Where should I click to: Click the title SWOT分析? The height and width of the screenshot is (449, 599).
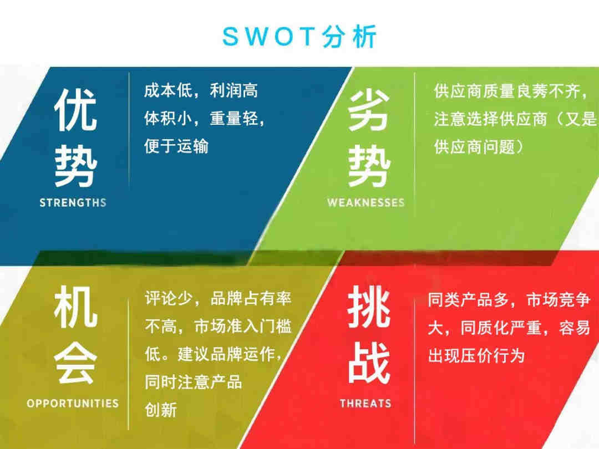[299, 37]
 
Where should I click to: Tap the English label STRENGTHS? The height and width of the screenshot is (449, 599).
[73, 202]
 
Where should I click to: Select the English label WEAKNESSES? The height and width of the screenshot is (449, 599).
[366, 202]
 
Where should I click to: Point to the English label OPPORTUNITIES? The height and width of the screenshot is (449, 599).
[73, 404]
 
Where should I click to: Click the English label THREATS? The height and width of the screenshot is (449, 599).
[366, 404]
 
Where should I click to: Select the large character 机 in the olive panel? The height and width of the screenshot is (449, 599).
[75, 307]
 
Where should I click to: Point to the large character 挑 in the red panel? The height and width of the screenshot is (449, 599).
[369, 307]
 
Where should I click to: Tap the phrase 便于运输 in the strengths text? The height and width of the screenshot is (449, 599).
[176, 146]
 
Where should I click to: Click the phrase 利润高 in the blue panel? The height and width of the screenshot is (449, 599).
[234, 91]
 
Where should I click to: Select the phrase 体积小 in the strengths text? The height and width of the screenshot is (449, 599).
[168, 119]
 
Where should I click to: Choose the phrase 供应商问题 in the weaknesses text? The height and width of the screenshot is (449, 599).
[474, 146]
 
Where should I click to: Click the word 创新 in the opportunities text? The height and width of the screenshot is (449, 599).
[160, 410]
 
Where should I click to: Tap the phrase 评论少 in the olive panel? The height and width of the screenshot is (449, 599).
[168, 299]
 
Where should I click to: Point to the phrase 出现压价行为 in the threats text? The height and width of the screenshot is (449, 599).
[476, 355]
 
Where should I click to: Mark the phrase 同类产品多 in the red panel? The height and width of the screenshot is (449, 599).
[468, 300]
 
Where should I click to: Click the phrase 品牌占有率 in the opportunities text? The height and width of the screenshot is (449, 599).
[251, 299]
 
